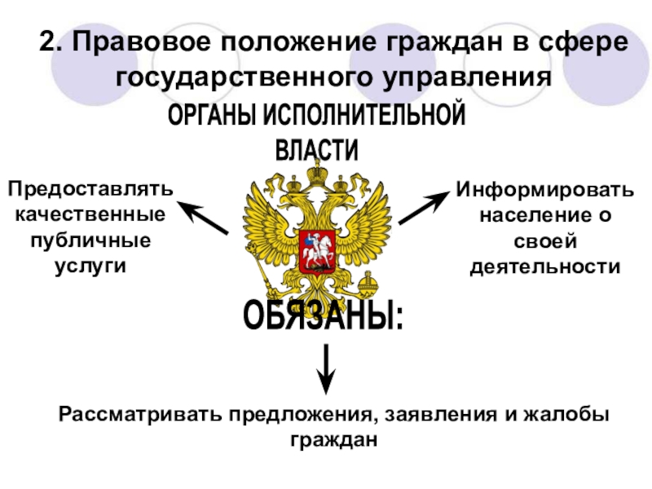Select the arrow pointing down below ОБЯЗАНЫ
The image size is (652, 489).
tap(326, 366)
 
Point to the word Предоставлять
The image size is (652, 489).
tap(90, 189)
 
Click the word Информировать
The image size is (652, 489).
tap(544, 190)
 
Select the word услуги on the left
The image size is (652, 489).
tap(90, 266)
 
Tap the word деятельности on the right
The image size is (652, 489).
tap(544, 267)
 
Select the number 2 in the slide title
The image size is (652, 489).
tap(46, 42)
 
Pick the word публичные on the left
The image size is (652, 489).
tap(90, 240)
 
